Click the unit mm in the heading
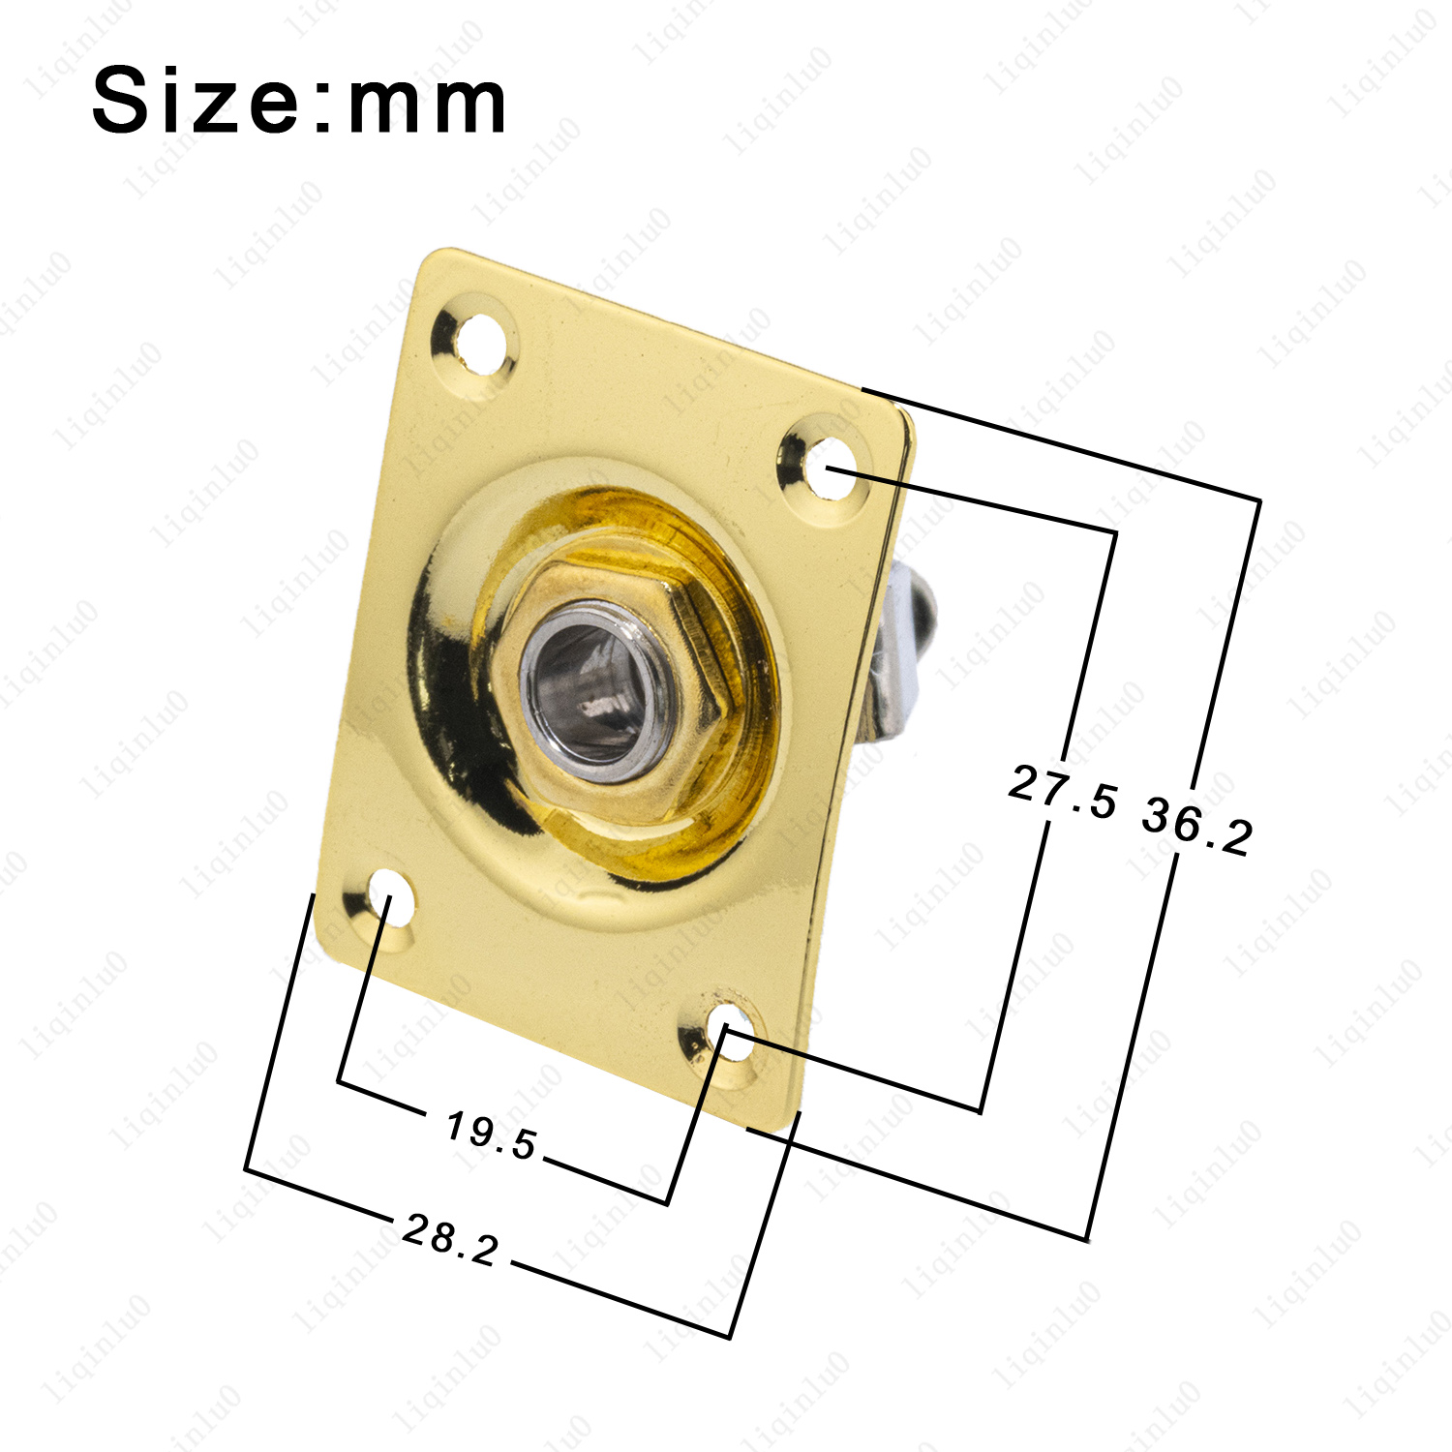(427, 105)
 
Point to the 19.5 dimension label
(491, 1135)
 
